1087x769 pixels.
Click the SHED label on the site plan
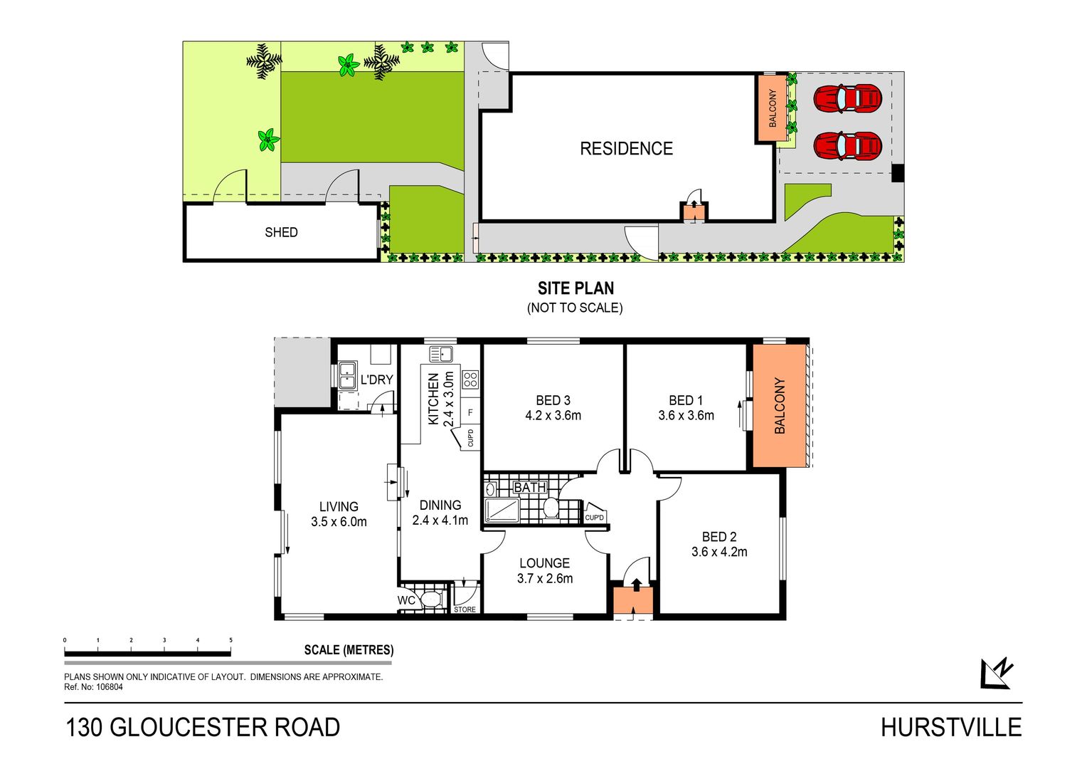coord(281,232)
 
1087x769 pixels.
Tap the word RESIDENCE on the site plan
coord(627,149)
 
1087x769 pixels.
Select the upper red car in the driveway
coord(847,98)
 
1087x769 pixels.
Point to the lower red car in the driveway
coord(847,146)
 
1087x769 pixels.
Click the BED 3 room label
coord(553,400)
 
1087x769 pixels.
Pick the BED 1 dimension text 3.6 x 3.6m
coord(686,416)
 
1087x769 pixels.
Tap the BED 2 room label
coord(719,537)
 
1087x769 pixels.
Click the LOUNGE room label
coord(544,563)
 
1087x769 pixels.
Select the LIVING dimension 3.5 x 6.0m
coord(339,522)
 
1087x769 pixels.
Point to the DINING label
coord(440,505)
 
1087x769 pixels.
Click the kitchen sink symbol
coord(440,354)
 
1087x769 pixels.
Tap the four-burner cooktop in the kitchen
coord(470,380)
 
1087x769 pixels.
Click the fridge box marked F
coord(470,413)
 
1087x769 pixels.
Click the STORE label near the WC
coord(465,610)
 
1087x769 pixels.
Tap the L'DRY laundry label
coord(376,380)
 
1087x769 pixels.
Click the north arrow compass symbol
coord(997,673)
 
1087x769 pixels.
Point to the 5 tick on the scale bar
coord(231,640)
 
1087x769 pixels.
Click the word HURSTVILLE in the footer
coord(951,728)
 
